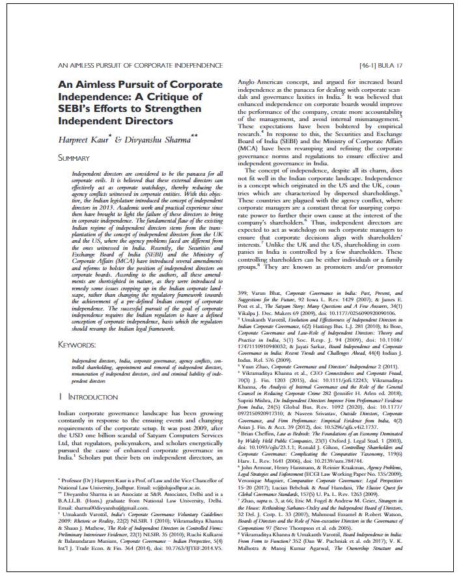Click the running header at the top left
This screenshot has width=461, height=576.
point(126,66)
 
